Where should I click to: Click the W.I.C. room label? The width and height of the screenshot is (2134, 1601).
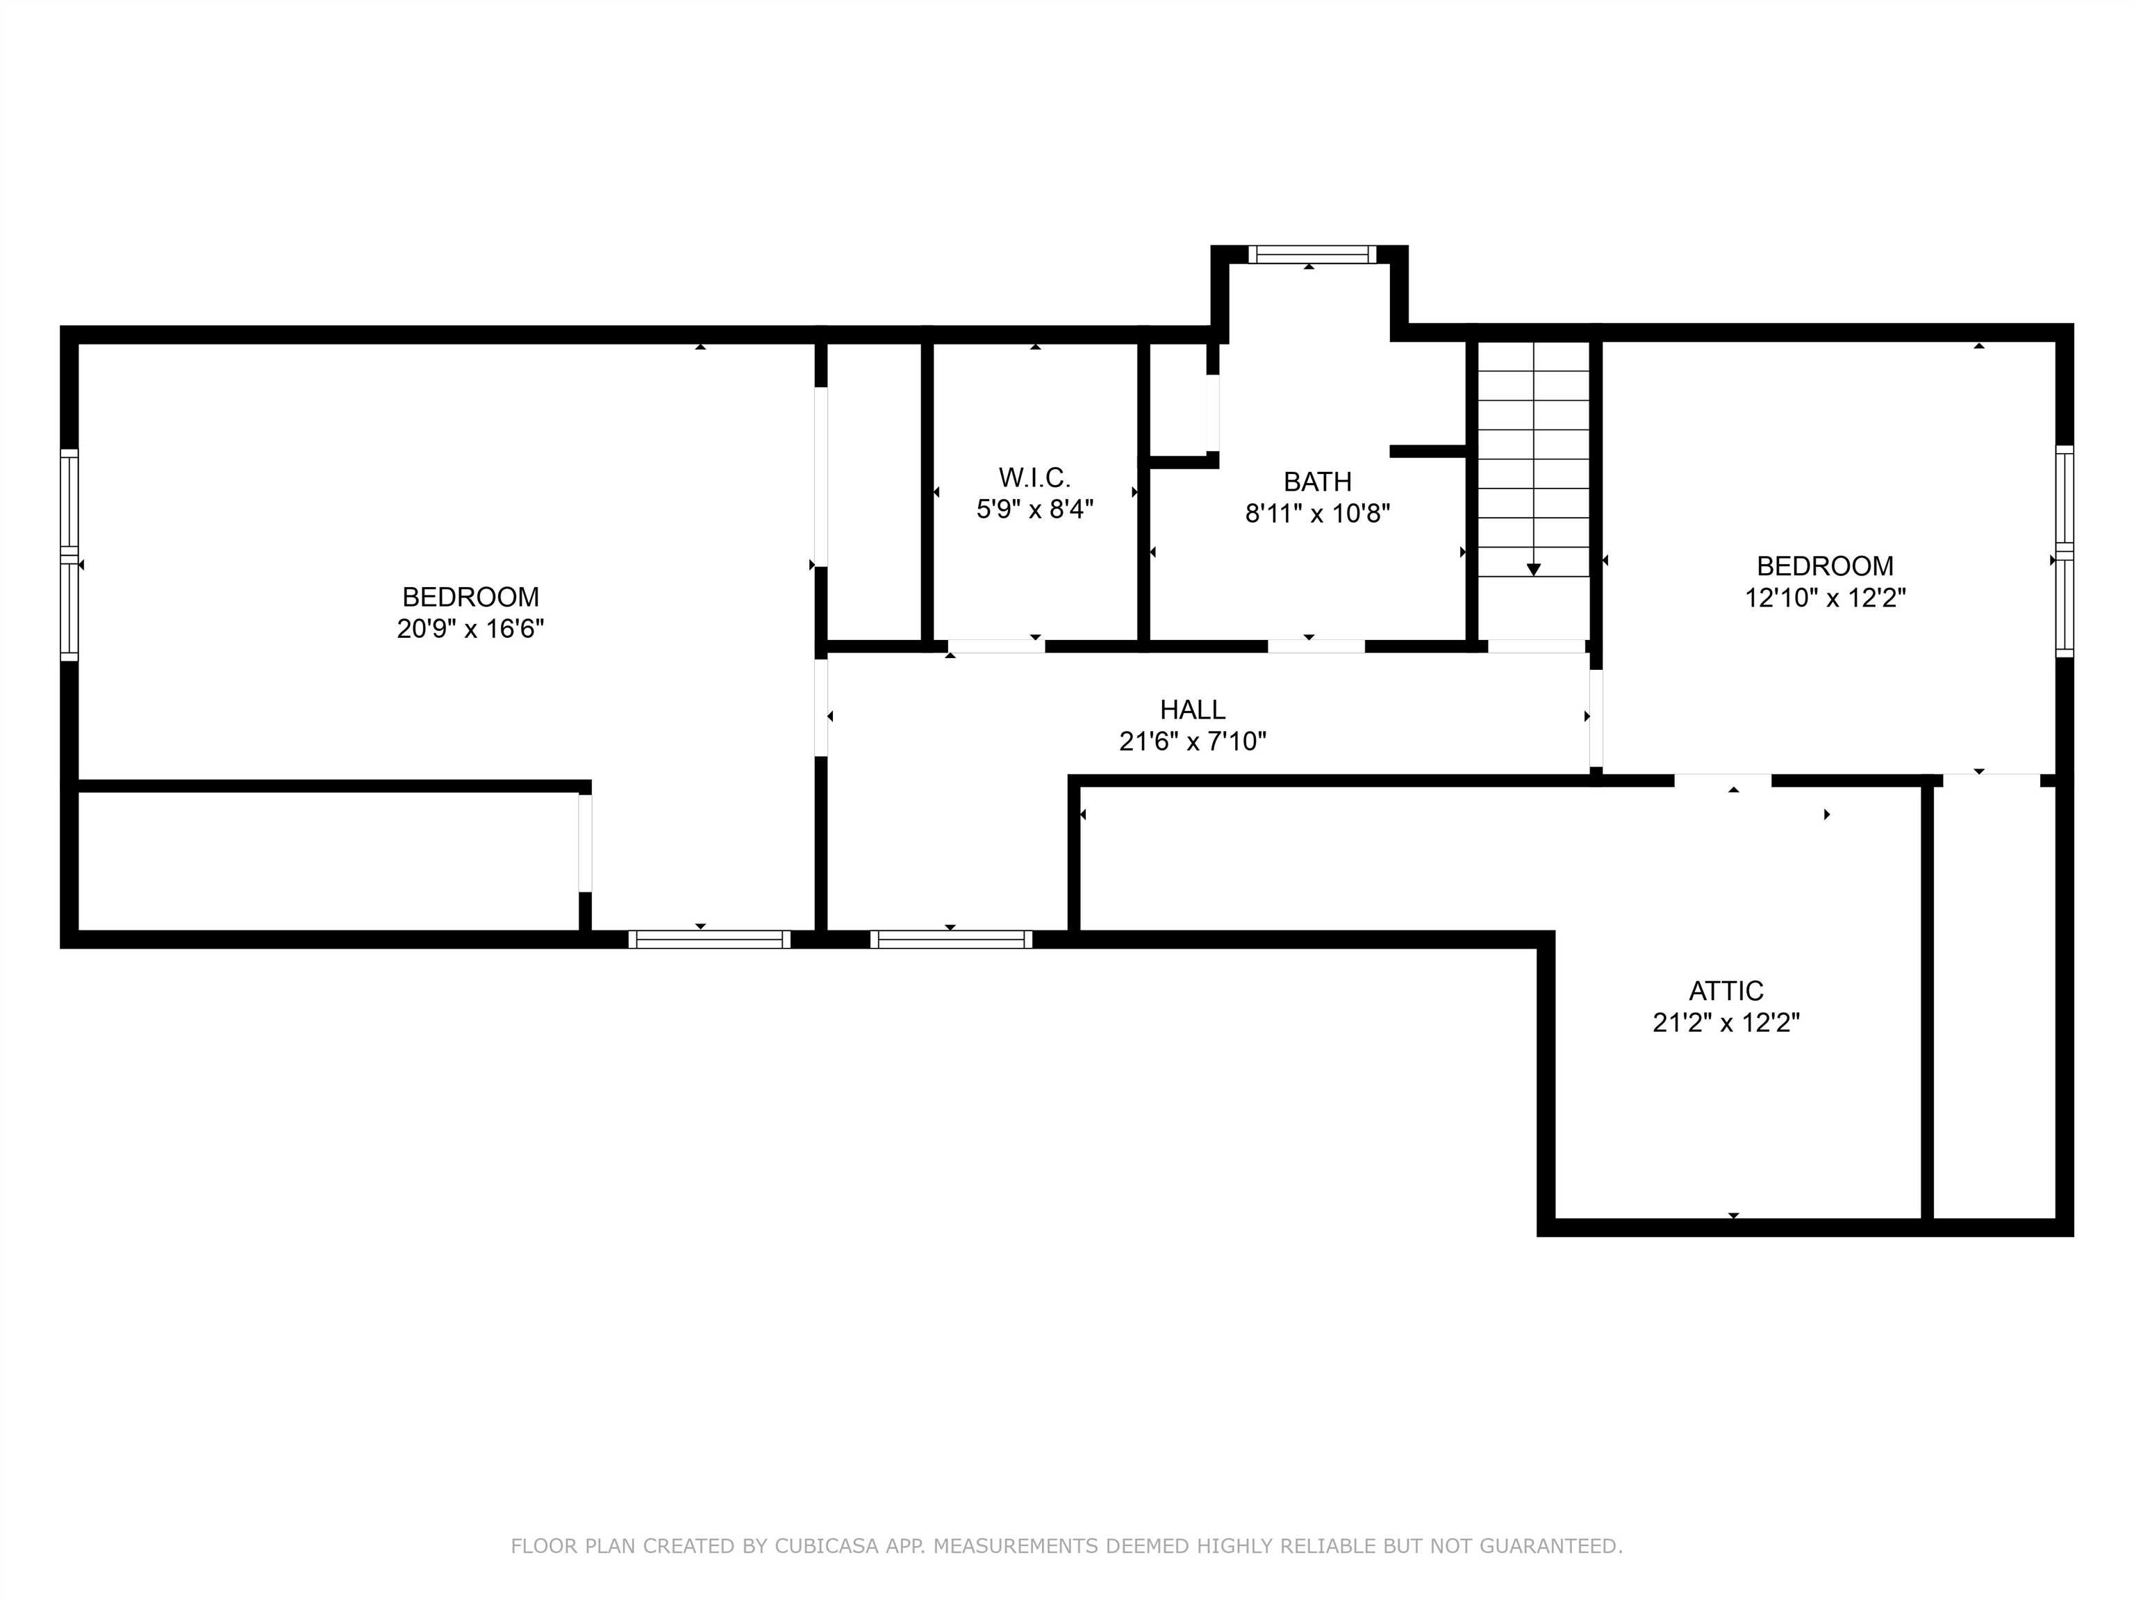1034,477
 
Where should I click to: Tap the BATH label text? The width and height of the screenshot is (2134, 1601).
1317,482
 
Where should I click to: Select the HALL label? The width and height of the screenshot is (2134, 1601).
1193,709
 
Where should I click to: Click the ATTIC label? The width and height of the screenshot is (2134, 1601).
1726,991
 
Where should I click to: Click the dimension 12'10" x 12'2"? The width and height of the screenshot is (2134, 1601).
1824,598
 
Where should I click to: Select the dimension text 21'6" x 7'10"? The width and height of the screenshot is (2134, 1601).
1193,742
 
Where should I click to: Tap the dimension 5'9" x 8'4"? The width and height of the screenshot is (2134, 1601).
1034,509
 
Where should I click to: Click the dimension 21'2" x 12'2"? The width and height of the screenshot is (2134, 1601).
1726,1023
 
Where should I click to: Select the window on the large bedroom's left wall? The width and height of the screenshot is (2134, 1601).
69,555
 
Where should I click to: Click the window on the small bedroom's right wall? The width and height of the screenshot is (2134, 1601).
2064,551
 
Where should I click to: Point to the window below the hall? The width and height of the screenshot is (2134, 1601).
950,939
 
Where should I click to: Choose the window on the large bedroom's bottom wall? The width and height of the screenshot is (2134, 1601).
709,939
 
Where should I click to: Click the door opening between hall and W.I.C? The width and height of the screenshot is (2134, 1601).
995,646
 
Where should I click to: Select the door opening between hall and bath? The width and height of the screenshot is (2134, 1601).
1316,646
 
